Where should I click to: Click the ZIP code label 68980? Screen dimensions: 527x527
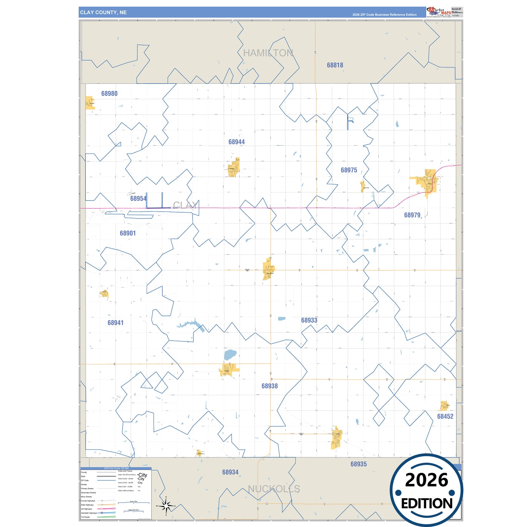(109, 94)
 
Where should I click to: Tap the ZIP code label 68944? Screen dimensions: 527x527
(237, 142)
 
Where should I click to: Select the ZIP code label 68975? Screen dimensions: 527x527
(349, 170)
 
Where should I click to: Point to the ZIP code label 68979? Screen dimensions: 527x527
(412, 215)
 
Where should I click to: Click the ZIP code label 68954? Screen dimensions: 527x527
(138, 199)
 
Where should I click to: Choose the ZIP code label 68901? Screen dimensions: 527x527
(128, 233)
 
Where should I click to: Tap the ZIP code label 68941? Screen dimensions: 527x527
(116, 323)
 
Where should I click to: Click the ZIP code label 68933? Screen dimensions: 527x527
(309, 320)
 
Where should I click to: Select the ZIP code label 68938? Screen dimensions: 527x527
(270, 386)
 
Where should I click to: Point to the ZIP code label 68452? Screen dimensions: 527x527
(445, 416)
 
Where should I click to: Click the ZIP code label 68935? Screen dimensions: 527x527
(359, 464)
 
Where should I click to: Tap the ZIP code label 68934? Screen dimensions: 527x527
(230, 472)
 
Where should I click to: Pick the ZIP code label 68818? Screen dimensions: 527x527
(335, 65)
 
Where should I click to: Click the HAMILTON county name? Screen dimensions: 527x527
(268, 53)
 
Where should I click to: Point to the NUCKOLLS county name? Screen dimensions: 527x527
(274, 489)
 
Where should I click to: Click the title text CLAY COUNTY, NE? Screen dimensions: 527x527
(103, 12)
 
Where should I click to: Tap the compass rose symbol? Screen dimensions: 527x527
(166, 506)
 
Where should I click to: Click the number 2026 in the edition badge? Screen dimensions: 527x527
(426, 480)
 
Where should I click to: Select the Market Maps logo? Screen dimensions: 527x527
(439, 12)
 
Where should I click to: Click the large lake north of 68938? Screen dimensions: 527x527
(230, 354)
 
